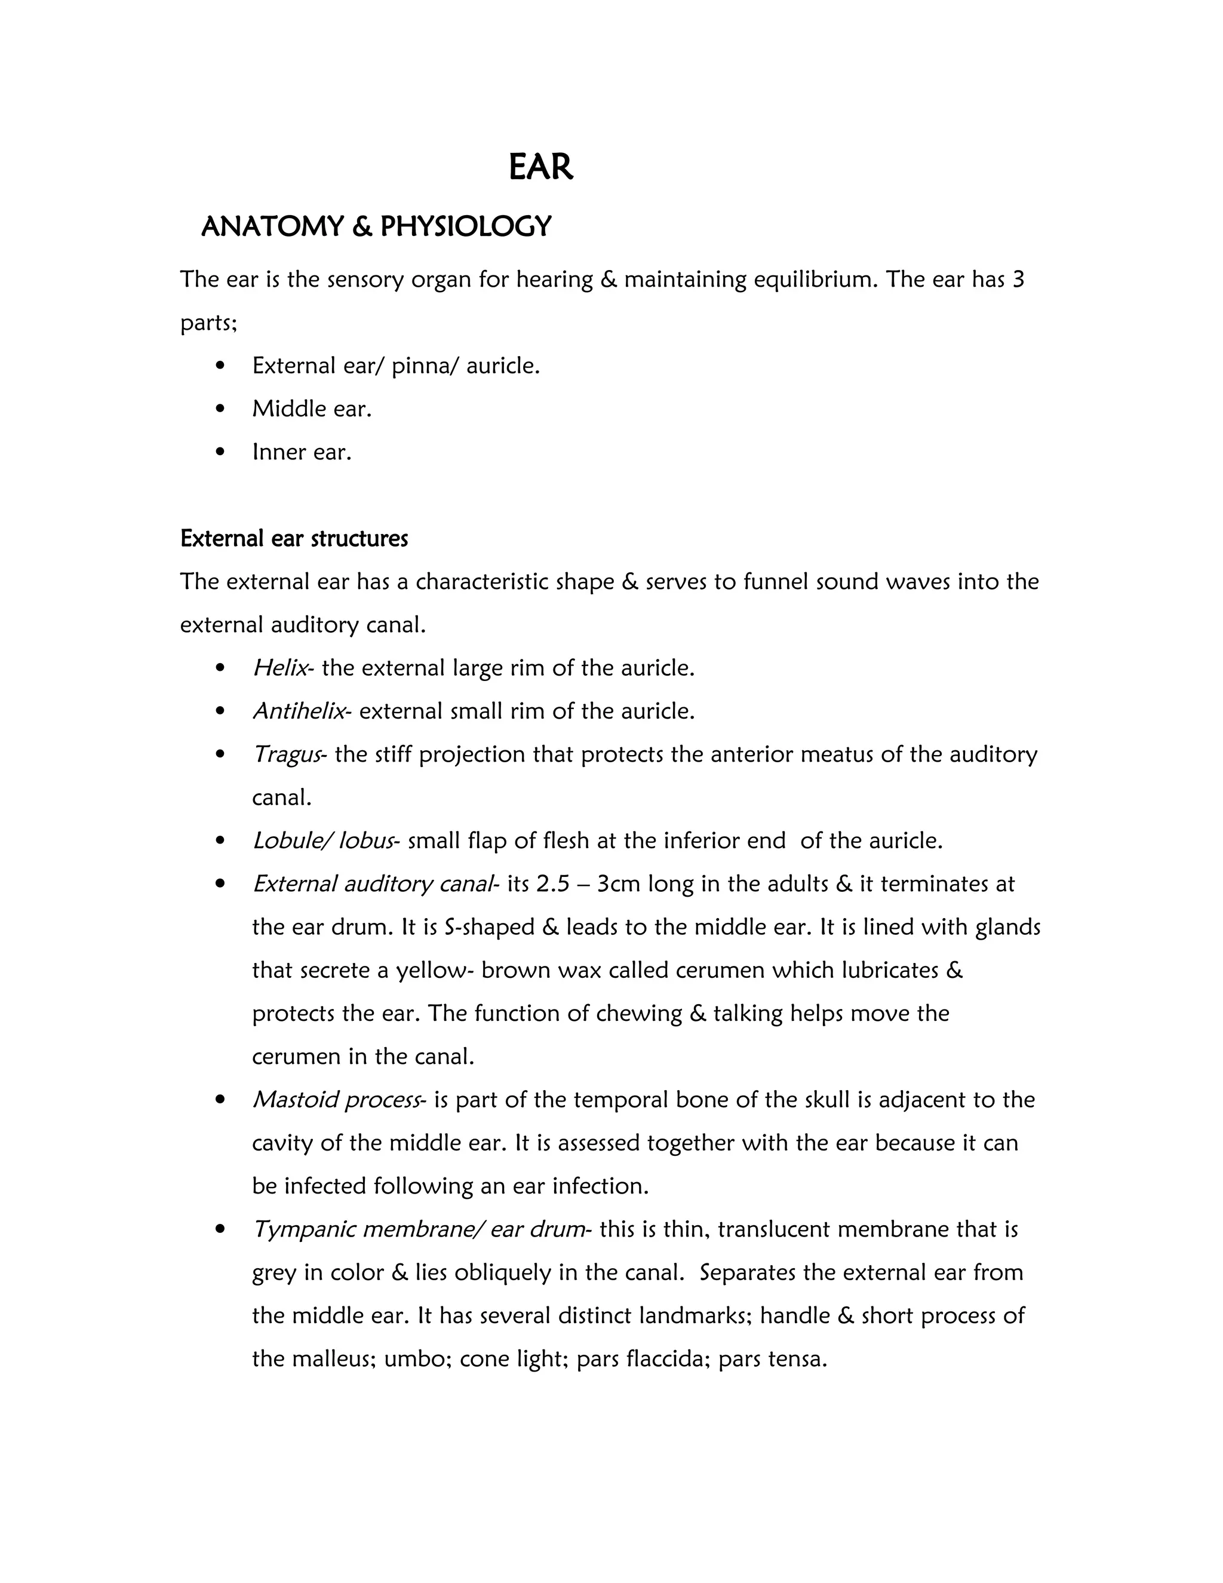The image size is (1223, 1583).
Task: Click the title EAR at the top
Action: click(x=540, y=167)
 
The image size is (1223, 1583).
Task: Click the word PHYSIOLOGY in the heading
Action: click(x=465, y=227)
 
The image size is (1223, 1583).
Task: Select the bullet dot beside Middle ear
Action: click(x=221, y=409)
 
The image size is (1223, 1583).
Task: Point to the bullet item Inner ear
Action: click(x=302, y=452)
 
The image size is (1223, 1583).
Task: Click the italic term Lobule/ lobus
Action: click(x=323, y=841)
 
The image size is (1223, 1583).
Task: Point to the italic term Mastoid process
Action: click(x=336, y=1100)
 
